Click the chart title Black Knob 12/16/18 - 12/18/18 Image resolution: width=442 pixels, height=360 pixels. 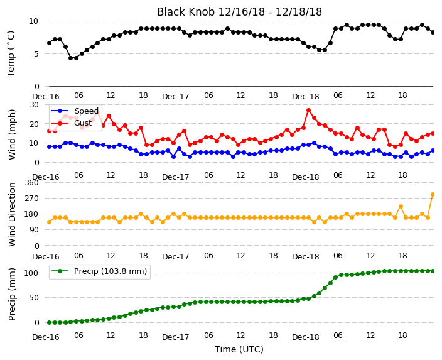click(x=239, y=12)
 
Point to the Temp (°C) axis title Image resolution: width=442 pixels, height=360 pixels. click(x=11, y=53)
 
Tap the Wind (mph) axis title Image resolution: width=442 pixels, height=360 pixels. click(x=12, y=134)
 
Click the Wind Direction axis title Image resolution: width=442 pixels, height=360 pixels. click(x=12, y=215)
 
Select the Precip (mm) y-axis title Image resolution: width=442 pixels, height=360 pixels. click(x=12, y=294)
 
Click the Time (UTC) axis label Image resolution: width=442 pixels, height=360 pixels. click(x=239, y=349)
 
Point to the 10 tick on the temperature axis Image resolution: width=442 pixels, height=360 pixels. click(x=33, y=21)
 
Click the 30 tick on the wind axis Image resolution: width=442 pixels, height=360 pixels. click(x=34, y=105)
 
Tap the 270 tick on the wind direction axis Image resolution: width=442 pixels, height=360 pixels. click(x=31, y=199)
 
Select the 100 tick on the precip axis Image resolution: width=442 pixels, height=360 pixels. click(x=32, y=273)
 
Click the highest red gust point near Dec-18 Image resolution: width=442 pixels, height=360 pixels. click(x=309, y=111)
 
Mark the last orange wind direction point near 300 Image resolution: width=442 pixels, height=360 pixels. click(x=433, y=194)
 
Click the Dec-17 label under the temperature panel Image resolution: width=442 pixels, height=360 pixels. click(x=176, y=97)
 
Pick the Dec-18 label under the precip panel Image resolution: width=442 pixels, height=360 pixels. click(x=306, y=337)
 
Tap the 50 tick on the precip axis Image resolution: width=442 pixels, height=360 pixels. click(x=34, y=298)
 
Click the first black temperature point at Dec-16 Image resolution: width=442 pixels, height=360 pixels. click(x=50, y=43)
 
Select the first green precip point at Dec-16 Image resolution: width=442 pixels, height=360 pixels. click(x=50, y=322)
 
